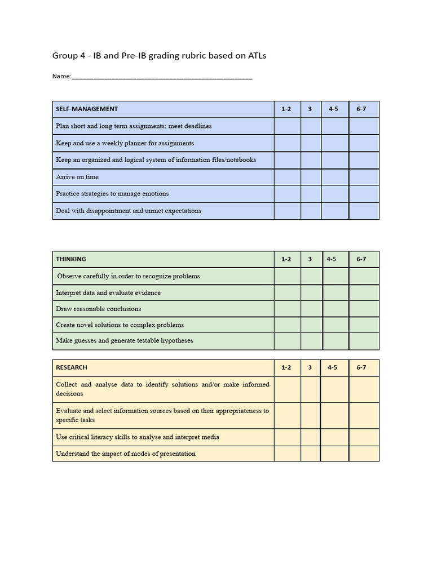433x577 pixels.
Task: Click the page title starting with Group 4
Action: [x=159, y=55]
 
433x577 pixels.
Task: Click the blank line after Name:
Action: [x=162, y=77]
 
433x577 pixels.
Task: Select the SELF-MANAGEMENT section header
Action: [x=87, y=109]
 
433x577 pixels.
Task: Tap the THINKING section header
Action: [x=71, y=259]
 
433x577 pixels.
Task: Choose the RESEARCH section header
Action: [x=72, y=367]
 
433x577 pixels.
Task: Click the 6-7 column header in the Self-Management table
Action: [x=361, y=109]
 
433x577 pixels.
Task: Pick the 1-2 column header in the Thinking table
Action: [x=286, y=259]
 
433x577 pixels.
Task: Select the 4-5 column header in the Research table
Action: [x=333, y=367]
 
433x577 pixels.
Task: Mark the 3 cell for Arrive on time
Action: [x=310, y=177]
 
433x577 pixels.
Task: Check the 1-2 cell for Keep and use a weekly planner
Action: [x=287, y=143]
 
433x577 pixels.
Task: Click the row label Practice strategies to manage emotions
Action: [x=112, y=194]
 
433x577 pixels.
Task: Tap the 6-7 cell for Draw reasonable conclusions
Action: [x=364, y=309]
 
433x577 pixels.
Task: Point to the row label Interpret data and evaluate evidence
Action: [x=108, y=293]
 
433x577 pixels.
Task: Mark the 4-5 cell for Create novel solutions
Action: [x=335, y=325]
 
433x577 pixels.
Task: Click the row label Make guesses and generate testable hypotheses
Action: [x=125, y=341]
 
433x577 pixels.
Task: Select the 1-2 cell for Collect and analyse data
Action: [x=287, y=389]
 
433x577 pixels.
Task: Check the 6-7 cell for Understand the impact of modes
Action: [x=364, y=454]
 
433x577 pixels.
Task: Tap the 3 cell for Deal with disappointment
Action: [x=310, y=211]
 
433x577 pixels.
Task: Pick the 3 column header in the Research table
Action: [x=310, y=367]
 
